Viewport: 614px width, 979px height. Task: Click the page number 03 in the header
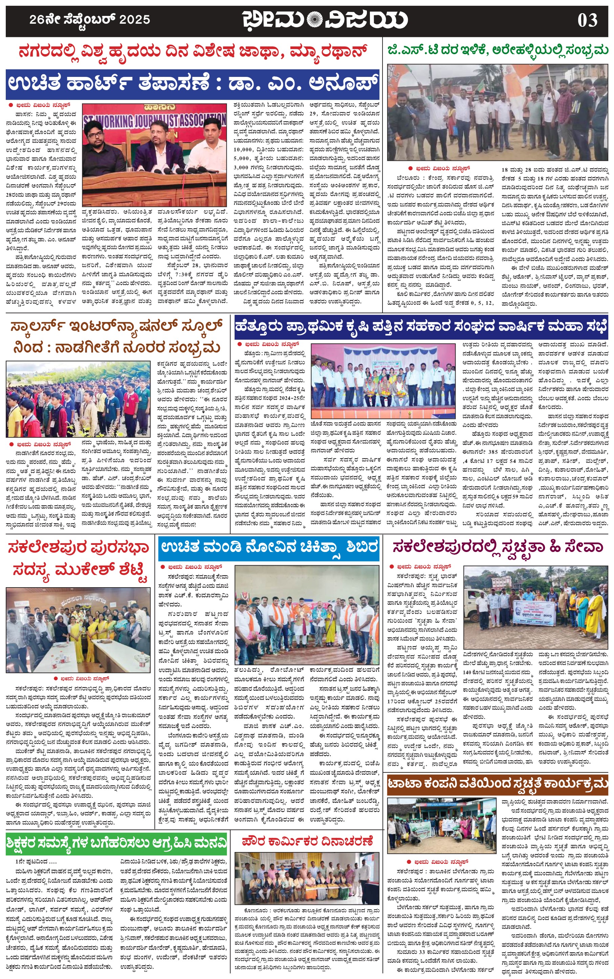587,20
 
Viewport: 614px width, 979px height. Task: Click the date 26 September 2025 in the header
90,19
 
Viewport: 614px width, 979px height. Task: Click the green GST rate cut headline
498,50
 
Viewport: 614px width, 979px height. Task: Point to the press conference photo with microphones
154,154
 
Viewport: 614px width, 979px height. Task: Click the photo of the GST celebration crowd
498,112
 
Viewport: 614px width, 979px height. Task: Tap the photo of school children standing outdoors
78,399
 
